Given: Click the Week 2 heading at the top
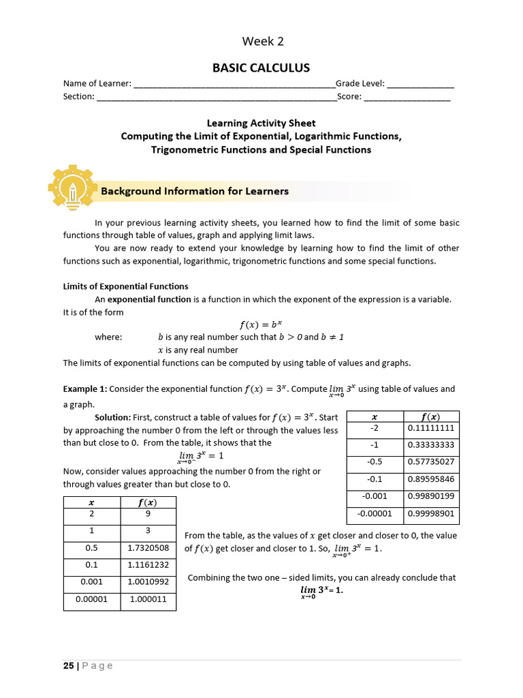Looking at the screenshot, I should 261,42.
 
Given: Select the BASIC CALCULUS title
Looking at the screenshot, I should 261,67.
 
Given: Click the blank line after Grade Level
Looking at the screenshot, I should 421,85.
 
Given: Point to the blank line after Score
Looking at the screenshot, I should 407,97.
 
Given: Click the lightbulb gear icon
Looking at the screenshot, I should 71,185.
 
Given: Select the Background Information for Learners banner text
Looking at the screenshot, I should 195,192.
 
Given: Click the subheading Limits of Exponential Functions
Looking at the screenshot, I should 126,286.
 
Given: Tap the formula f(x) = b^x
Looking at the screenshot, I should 261,324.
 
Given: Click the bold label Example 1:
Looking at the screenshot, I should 85,389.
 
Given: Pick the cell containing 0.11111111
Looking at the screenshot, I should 430,428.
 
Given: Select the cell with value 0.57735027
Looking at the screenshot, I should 430,462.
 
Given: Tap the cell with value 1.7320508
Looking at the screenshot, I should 148,547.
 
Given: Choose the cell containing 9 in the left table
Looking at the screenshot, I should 148,515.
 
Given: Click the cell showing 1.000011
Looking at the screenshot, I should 148,600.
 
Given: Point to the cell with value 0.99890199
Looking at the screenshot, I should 430,497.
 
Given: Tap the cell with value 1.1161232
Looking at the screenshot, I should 148,565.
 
